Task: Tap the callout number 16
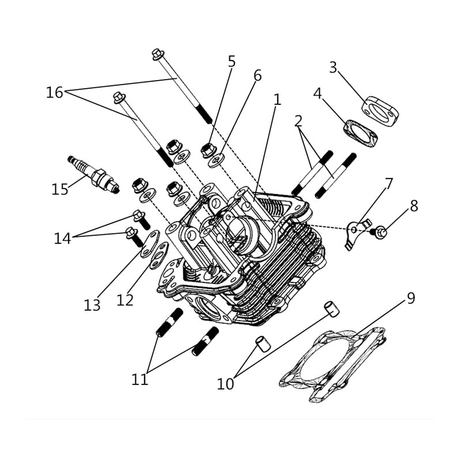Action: click(x=54, y=92)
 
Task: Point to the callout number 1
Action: click(x=277, y=100)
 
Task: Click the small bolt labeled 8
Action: click(x=380, y=233)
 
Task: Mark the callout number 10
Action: click(x=225, y=384)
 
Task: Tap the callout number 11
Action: click(x=139, y=379)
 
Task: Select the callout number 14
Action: click(x=62, y=238)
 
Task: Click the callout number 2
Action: click(x=298, y=121)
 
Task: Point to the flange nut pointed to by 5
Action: click(x=208, y=150)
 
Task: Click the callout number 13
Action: click(x=92, y=305)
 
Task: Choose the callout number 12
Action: click(x=124, y=300)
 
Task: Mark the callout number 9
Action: click(x=410, y=298)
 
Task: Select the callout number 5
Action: click(x=232, y=61)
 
